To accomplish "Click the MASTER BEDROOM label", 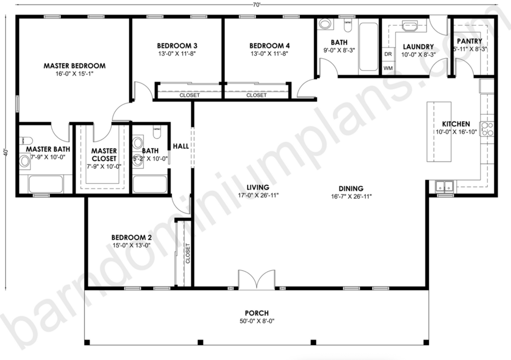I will coord(74,66).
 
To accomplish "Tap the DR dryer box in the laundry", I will coord(388,54).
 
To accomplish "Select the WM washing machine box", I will coord(388,68).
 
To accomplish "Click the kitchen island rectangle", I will coord(439,131).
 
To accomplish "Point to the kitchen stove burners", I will coord(487,129).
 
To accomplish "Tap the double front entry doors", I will coord(256,279).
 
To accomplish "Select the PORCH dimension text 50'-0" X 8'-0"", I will coord(257,321).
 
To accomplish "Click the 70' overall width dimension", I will coord(257,4).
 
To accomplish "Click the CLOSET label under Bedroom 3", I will coord(190,95).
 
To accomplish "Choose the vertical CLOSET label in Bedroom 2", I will coord(188,253).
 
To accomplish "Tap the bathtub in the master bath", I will coord(46,184).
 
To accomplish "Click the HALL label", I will coord(181,146).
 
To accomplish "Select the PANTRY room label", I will coord(469,41).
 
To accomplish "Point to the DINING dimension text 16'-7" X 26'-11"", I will coord(351,196).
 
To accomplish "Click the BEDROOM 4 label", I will coord(269,46).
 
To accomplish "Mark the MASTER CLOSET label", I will coord(104,155).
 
